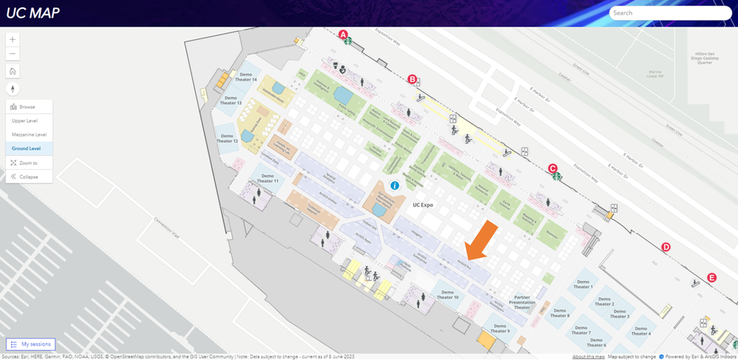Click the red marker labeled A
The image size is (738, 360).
tap(343, 34)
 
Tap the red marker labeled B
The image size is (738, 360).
tap(412, 79)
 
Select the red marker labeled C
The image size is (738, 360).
tap(553, 168)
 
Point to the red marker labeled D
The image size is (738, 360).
tap(666, 248)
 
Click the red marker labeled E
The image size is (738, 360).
tap(711, 277)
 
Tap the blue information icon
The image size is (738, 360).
tap(394, 186)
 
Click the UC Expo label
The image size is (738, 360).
tap(423, 205)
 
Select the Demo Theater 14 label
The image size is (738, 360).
tap(247, 77)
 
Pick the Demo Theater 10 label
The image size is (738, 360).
tap(447, 294)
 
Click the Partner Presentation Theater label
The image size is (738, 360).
tap(522, 302)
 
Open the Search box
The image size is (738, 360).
tap(670, 13)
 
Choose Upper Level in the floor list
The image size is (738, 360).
tap(25, 120)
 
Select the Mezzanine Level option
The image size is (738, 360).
tap(30, 135)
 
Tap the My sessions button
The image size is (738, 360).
tap(30, 344)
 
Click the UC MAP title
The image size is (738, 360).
tap(33, 13)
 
